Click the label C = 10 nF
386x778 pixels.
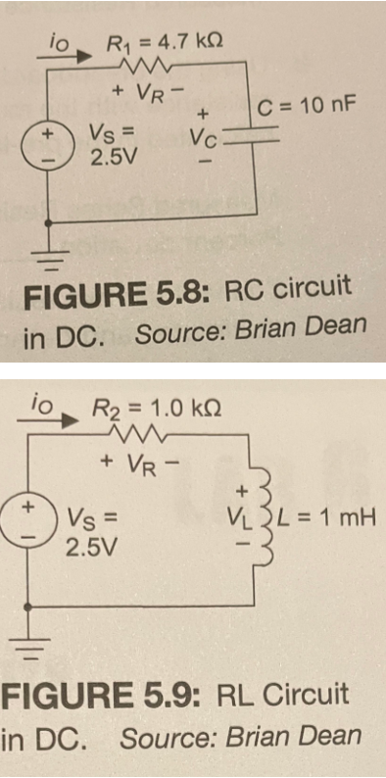pyautogui.click(x=305, y=106)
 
